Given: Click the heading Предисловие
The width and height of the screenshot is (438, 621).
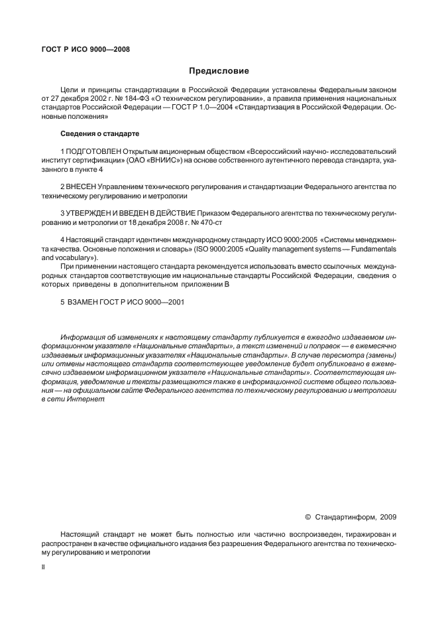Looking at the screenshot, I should click(219, 70).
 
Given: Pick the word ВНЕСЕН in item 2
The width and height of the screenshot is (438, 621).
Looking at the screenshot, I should click(83, 187).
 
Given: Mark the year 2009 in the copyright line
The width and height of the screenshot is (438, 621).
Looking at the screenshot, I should click(387, 516).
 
